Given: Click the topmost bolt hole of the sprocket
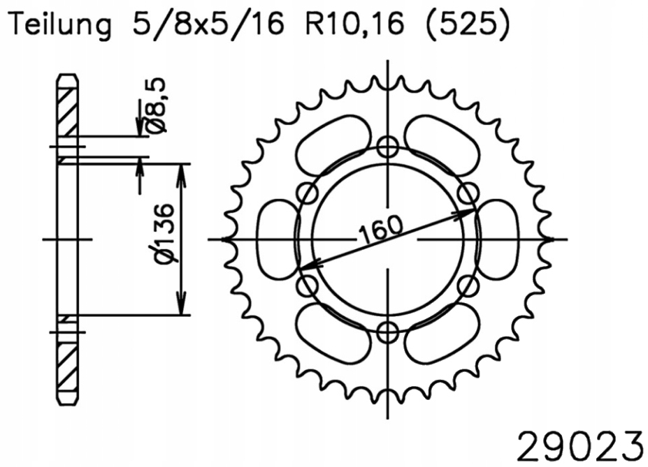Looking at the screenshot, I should pos(387,147).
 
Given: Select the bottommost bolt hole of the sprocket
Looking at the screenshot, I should pos(387,332).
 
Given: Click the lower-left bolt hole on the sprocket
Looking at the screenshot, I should pos(307,286).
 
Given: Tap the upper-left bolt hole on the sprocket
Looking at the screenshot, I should pos(307,193).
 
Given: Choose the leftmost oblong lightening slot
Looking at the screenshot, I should pos(274,239).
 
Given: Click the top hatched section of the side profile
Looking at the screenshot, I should pos(66,111).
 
